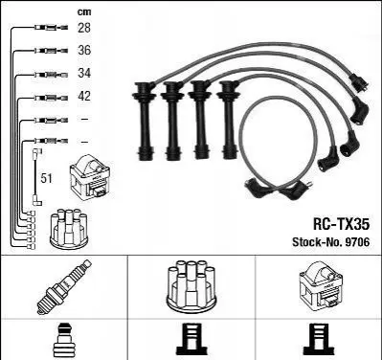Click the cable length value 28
tap(84, 28)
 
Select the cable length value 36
tap(84, 51)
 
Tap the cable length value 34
tap(84, 73)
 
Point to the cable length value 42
tap(84, 96)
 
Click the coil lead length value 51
tap(46, 178)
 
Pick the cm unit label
tap(84, 11)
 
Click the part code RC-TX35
tap(341, 224)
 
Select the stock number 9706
tap(357, 242)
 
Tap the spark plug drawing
tap(64, 286)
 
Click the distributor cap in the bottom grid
tap(191, 286)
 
